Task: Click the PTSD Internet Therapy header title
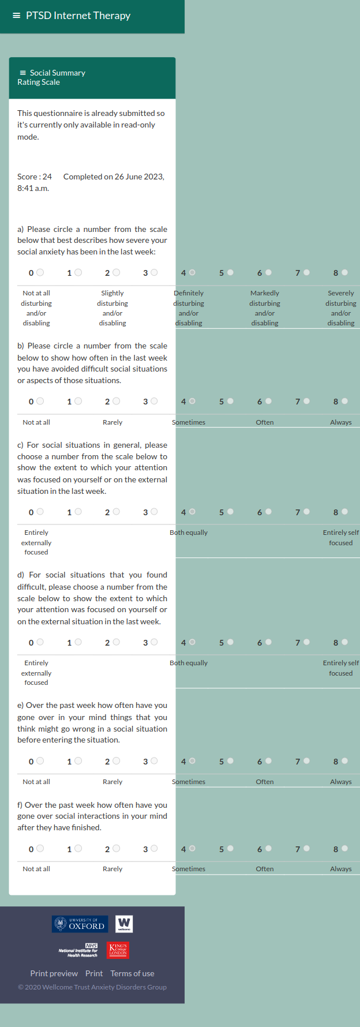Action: pyautogui.click(x=78, y=16)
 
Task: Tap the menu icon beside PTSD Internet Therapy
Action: pyautogui.click(x=16, y=16)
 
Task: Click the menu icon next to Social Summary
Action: pyautogui.click(x=22, y=73)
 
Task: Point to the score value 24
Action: pyautogui.click(x=47, y=177)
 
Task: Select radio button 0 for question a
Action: pyautogui.click(x=40, y=272)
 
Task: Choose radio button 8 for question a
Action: pyautogui.click(x=344, y=272)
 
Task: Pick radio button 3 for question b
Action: pyautogui.click(x=154, y=401)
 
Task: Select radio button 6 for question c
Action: pyautogui.click(x=268, y=512)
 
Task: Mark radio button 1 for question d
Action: pyautogui.click(x=78, y=642)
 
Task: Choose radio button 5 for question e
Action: pyautogui.click(x=230, y=761)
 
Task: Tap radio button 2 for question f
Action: pyautogui.click(x=116, y=849)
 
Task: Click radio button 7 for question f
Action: pyautogui.click(x=306, y=849)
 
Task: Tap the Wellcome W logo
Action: pyautogui.click(x=124, y=924)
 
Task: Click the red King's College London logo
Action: pyautogui.click(x=118, y=950)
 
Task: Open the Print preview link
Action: pyautogui.click(x=54, y=973)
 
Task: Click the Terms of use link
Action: pyautogui.click(x=132, y=973)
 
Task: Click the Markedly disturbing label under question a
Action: pyautogui.click(x=265, y=308)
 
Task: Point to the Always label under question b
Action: pyautogui.click(x=340, y=422)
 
